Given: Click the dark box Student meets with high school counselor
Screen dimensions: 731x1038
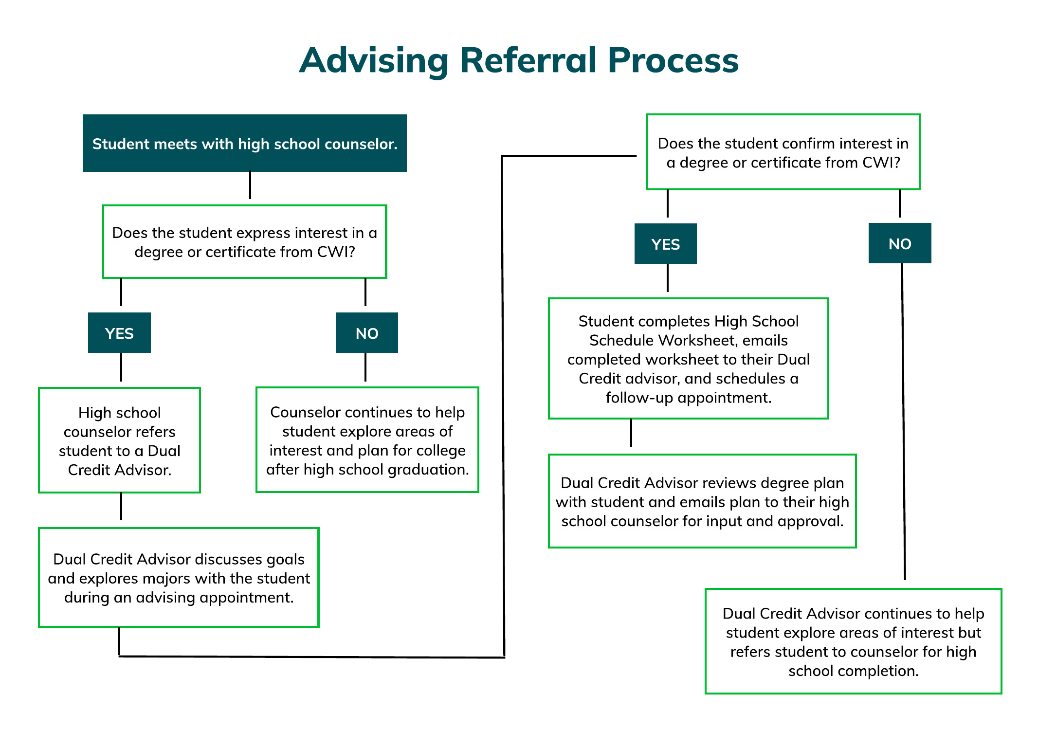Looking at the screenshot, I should pyautogui.click(x=245, y=143).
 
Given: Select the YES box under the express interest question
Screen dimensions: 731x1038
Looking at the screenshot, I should pyautogui.click(x=119, y=333).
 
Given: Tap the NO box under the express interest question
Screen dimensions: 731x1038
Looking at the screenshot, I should pyautogui.click(x=367, y=333).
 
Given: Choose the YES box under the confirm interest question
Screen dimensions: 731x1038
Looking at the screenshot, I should pyautogui.click(x=665, y=244).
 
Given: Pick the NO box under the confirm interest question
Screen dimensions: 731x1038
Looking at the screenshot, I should pyautogui.click(x=900, y=243).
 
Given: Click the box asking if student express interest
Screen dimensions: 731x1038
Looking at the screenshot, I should pyautogui.click(x=245, y=242).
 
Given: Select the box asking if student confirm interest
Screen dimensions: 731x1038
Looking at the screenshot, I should pyautogui.click(x=783, y=152).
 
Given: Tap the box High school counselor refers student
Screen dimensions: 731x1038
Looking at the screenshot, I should pyautogui.click(x=120, y=440).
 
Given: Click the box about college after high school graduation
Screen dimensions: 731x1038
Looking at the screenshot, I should pyautogui.click(x=367, y=440).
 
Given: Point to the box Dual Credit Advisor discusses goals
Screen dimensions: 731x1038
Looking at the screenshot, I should pyautogui.click(x=179, y=578).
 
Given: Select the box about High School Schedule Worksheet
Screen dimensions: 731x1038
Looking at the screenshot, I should pyautogui.click(x=688, y=359).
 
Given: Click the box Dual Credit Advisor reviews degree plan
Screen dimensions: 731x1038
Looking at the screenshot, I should pyautogui.click(x=702, y=501).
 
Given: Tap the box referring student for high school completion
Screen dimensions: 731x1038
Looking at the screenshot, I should pyautogui.click(x=853, y=641).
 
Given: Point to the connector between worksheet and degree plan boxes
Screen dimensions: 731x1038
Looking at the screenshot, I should pyautogui.click(x=631, y=433).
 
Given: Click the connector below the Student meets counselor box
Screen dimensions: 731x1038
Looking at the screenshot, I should pyautogui.click(x=250, y=185).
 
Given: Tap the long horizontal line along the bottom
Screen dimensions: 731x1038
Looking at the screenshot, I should pyautogui.click(x=311, y=657).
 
